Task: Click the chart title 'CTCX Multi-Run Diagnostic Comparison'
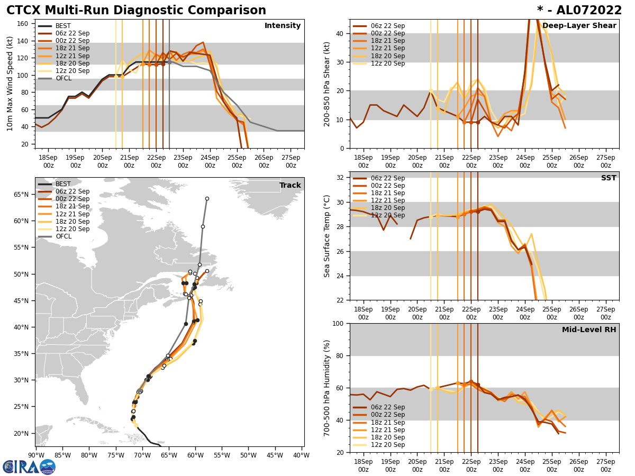point(136,11)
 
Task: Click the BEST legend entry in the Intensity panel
point(62,26)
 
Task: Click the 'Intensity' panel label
point(282,26)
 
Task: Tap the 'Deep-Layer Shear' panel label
point(579,26)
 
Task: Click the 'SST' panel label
point(608,178)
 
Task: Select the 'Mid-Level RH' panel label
point(589,330)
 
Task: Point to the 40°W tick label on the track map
point(301,455)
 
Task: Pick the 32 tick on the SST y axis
point(341,178)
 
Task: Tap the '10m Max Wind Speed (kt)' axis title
point(10,84)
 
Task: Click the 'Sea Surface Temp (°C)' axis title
point(328,236)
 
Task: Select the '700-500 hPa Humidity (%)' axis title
point(328,388)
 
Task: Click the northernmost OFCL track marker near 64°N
point(207,199)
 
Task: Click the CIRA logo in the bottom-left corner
point(29,466)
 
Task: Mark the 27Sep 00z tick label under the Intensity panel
point(291,161)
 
